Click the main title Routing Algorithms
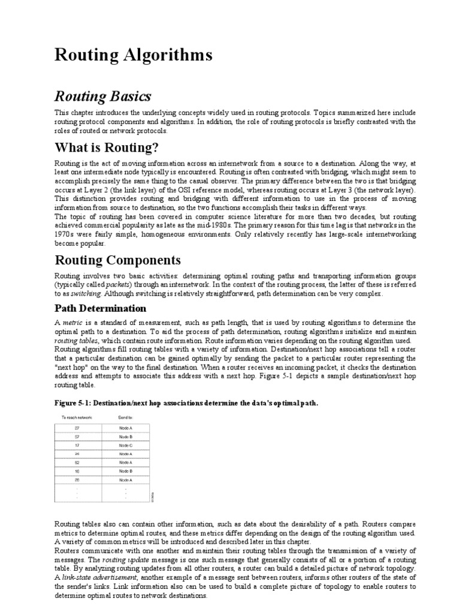[134, 56]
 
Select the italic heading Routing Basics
[103, 97]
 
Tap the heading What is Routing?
[106, 148]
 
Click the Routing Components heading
[118, 260]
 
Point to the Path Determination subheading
[101, 309]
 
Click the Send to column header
[125, 417]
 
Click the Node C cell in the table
[125, 446]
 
